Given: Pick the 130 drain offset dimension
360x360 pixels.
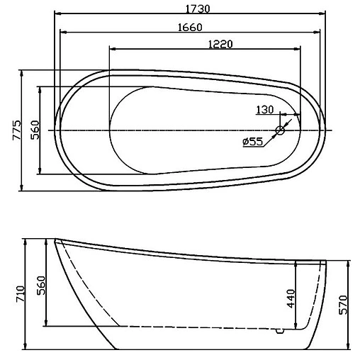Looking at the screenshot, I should pyautogui.click(x=264, y=109).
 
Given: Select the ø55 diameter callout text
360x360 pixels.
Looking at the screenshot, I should pyautogui.click(x=252, y=142).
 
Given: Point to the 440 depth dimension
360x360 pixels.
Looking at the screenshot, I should pyautogui.click(x=291, y=298).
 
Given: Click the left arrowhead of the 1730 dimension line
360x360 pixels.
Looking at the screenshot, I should pyautogui.click(x=57, y=14).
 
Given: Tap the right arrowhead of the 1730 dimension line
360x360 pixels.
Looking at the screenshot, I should pyautogui.click(x=322, y=14).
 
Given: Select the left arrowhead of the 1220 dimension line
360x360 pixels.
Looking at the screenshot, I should pyautogui.click(x=112, y=50).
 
